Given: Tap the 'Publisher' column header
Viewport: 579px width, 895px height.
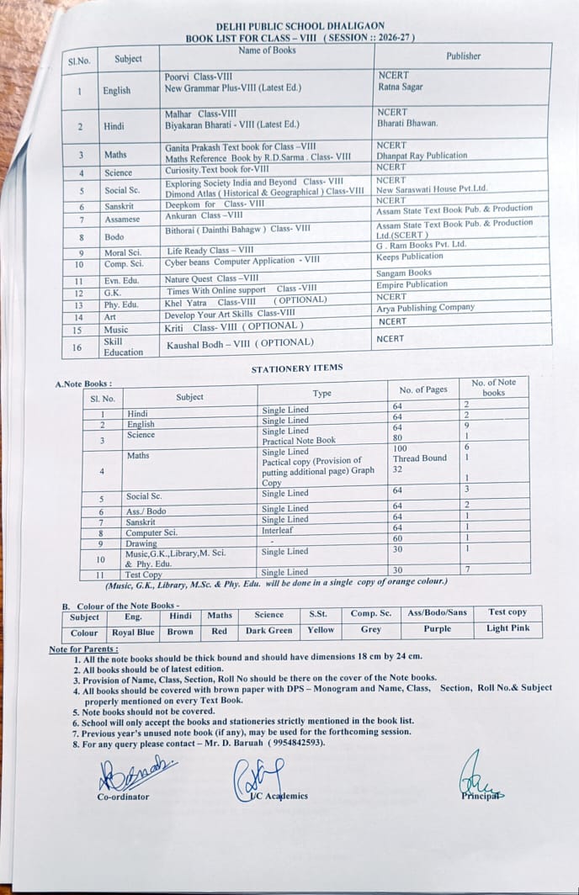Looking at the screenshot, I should click(463, 56).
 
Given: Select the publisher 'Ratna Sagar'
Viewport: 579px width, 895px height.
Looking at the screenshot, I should click(400, 87).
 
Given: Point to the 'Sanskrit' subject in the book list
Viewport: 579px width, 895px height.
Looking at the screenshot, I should click(118, 207).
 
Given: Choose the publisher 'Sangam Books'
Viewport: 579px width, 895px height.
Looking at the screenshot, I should click(404, 273).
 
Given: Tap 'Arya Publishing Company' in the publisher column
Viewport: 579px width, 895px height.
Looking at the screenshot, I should click(426, 308).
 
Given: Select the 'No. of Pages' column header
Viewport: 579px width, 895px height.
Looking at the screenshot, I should click(423, 389).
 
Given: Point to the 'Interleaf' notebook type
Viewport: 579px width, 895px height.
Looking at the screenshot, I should click(277, 531).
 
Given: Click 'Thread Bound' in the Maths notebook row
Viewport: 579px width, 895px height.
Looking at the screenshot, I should click(420, 458).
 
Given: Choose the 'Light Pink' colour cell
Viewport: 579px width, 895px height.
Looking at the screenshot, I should click(507, 629).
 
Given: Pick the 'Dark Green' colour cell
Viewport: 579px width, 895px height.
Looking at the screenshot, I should click(269, 630).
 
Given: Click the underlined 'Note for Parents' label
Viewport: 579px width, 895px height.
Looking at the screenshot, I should click(83, 649).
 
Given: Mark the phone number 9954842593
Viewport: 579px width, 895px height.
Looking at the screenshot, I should click(296, 744).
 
